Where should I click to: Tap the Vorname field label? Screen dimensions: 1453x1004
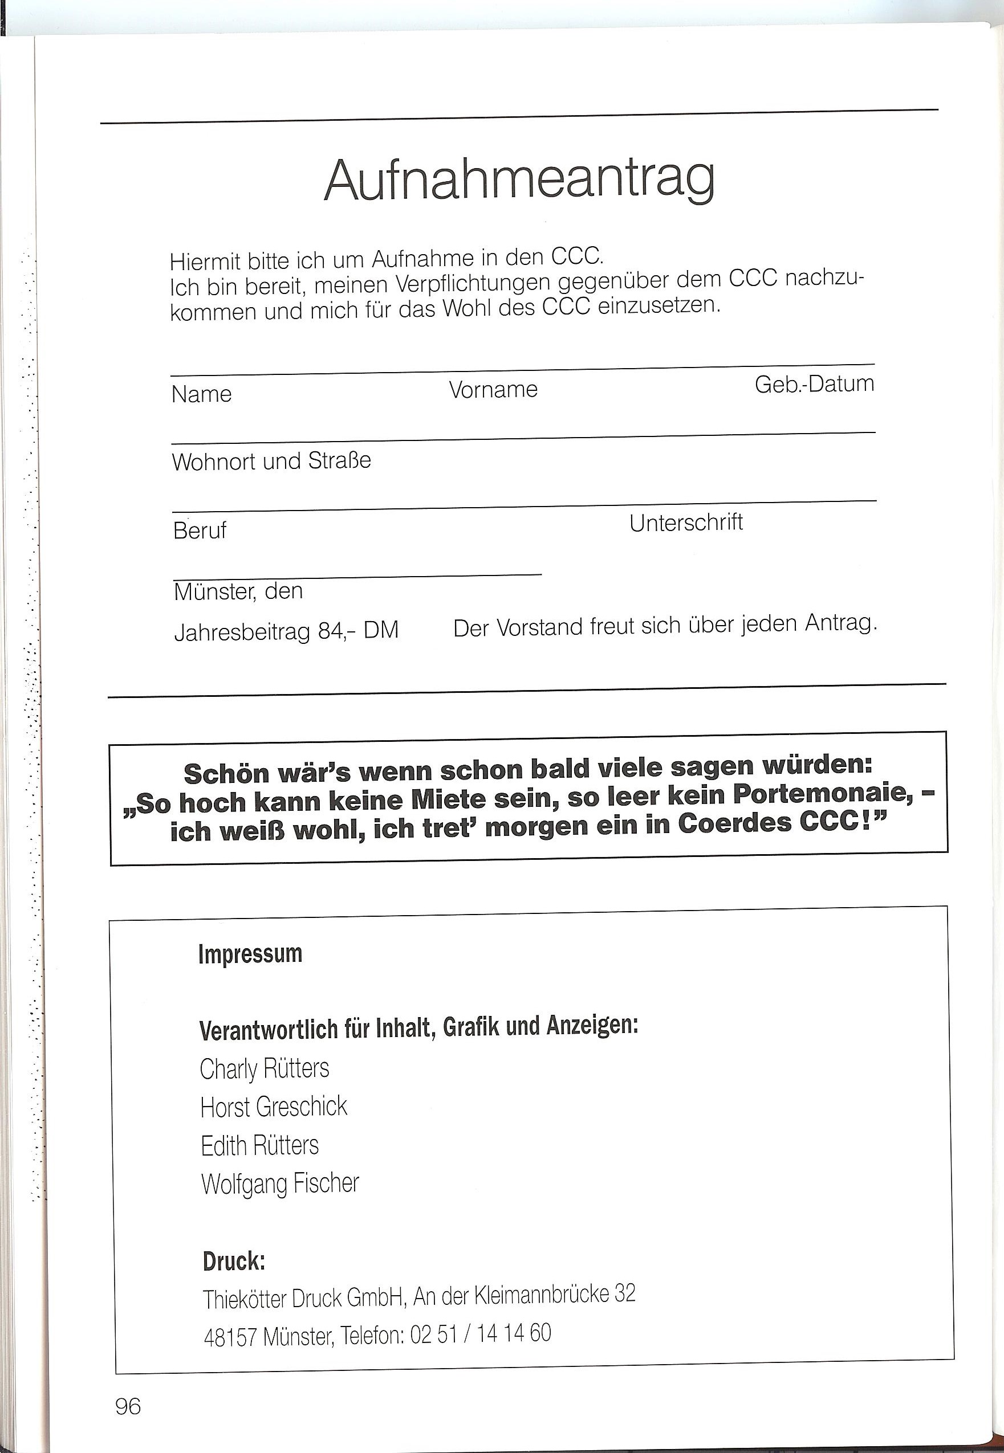coord(493,390)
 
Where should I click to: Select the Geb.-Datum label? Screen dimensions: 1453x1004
coord(814,383)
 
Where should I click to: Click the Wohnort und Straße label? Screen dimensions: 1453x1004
coord(271,462)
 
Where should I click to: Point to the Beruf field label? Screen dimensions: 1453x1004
coord(200,530)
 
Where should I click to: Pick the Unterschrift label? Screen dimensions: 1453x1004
coord(686,523)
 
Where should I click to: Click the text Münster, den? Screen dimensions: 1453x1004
coord(238,591)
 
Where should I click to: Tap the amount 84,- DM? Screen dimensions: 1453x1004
coord(358,630)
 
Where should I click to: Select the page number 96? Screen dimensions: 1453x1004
coord(128,1406)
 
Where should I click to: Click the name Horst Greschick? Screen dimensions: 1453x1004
coord(274,1107)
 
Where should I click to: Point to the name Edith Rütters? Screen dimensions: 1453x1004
coord(259,1145)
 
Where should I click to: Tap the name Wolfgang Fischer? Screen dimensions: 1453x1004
coord(280,1184)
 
